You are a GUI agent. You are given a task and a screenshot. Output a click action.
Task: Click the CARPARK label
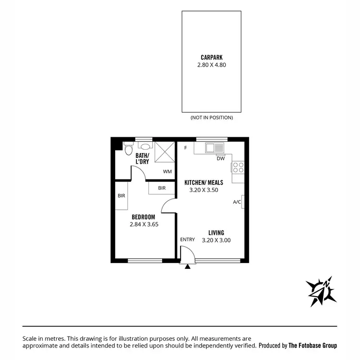[x=211, y=56]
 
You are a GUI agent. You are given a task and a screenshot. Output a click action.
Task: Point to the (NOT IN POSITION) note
[x=211, y=118]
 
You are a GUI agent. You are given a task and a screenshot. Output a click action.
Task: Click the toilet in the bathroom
[x=128, y=150]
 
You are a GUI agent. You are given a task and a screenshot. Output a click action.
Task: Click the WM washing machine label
[x=167, y=171]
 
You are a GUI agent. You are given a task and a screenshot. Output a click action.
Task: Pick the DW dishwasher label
[x=220, y=159]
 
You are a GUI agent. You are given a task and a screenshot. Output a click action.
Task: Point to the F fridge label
[x=185, y=147]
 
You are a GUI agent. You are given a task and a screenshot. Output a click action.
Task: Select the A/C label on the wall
[x=237, y=202]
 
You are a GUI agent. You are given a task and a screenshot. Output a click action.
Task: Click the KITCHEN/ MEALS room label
[x=204, y=182]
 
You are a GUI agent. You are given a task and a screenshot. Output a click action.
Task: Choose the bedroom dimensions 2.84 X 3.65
[x=144, y=224]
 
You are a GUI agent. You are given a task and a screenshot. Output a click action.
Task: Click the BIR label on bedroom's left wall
[x=121, y=196]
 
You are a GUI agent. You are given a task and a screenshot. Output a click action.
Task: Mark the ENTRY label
[x=187, y=240]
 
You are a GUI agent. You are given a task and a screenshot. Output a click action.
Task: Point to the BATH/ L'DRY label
[x=142, y=158]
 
